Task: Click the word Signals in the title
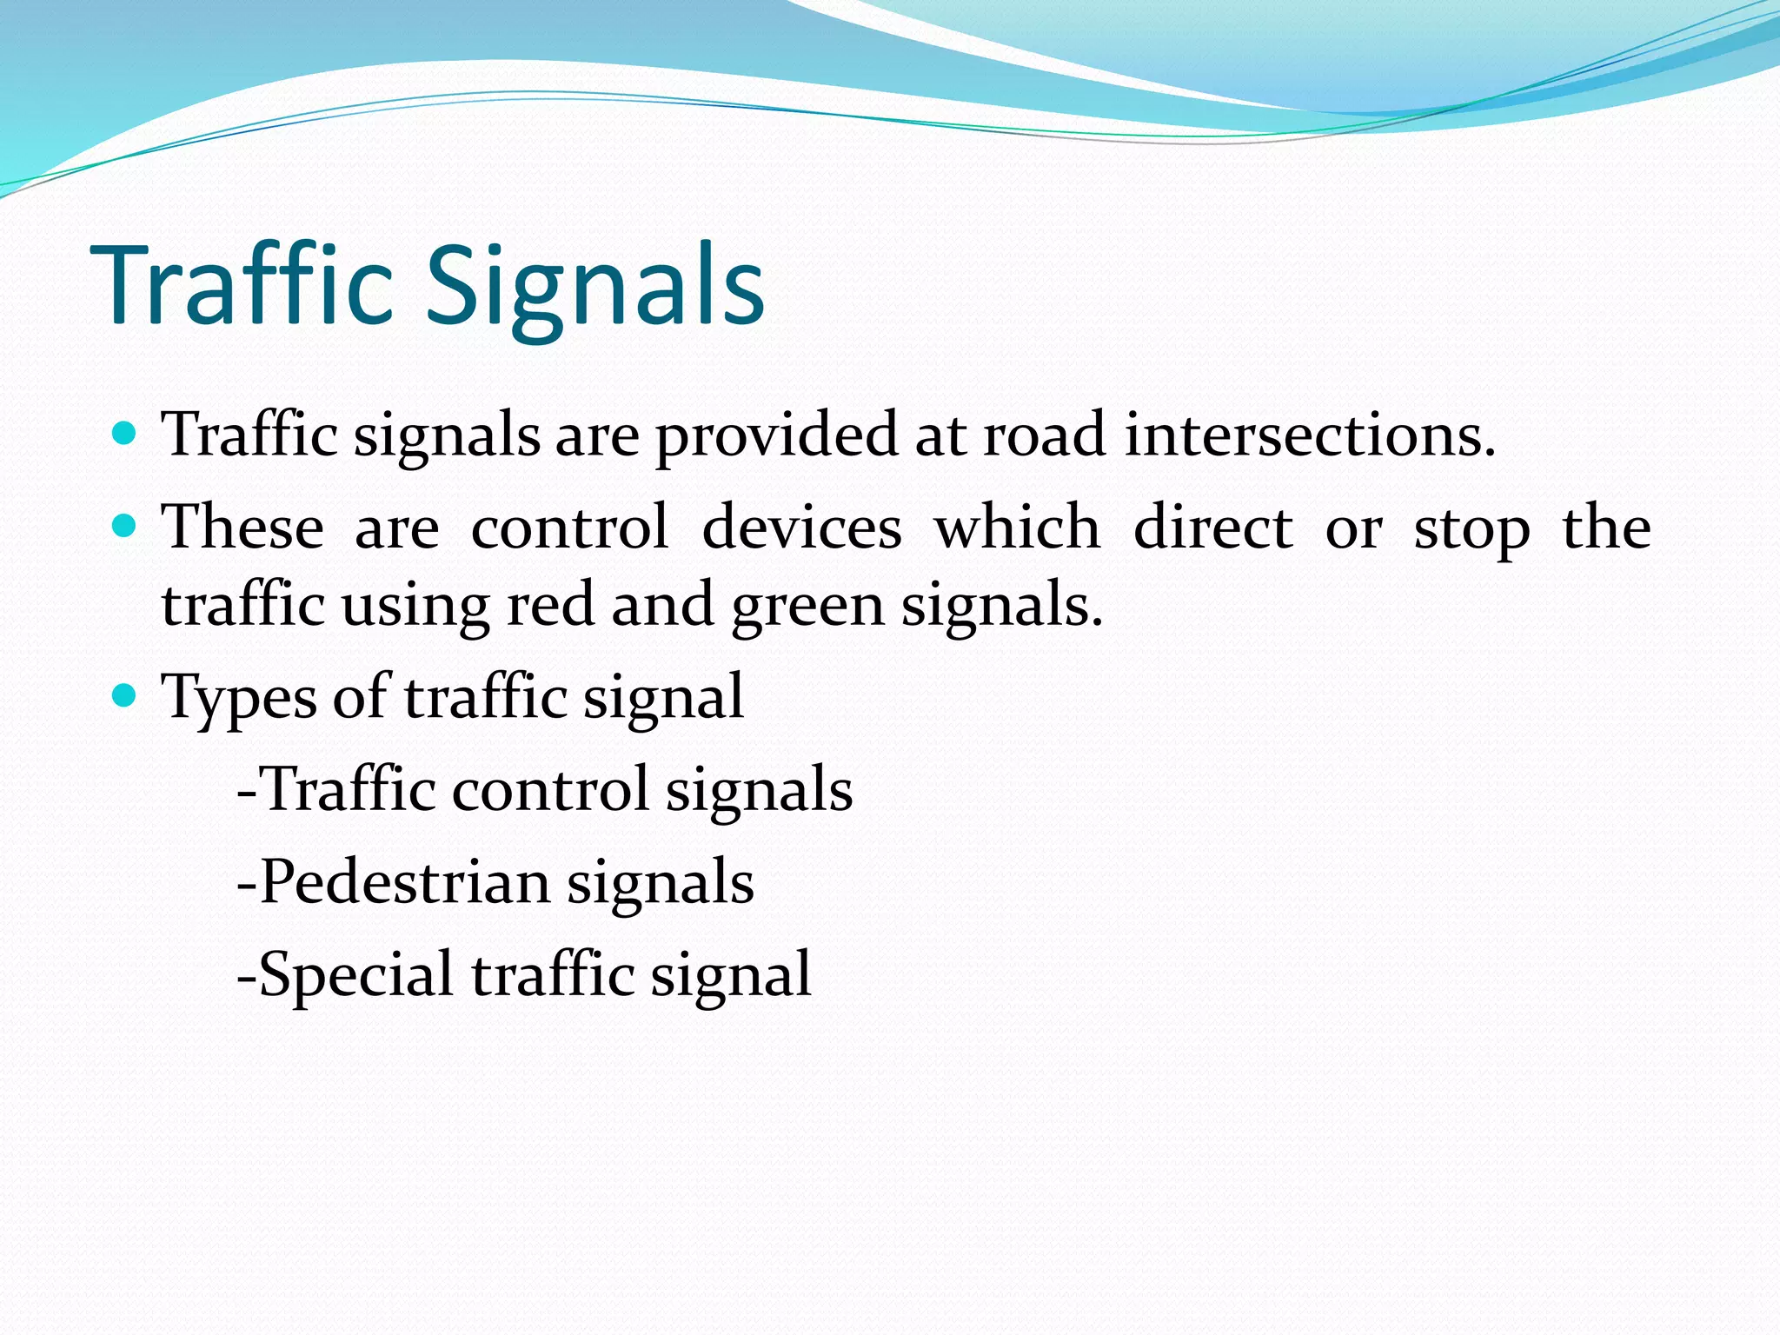pyautogui.click(x=594, y=287)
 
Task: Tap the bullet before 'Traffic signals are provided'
pyautogui.click(x=125, y=432)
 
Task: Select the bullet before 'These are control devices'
pyautogui.click(x=125, y=525)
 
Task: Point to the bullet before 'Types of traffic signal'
pyautogui.click(x=125, y=694)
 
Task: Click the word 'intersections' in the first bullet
pyautogui.click(x=1309, y=434)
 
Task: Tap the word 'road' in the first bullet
pyautogui.click(x=1044, y=434)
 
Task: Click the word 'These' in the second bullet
pyautogui.click(x=243, y=527)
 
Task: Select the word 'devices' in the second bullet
pyautogui.click(x=801, y=527)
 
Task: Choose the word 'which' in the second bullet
pyautogui.click(x=1018, y=527)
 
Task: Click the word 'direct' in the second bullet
pyautogui.click(x=1213, y=527)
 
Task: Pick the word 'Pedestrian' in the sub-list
pyautogui.click(x=405, y=882)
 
